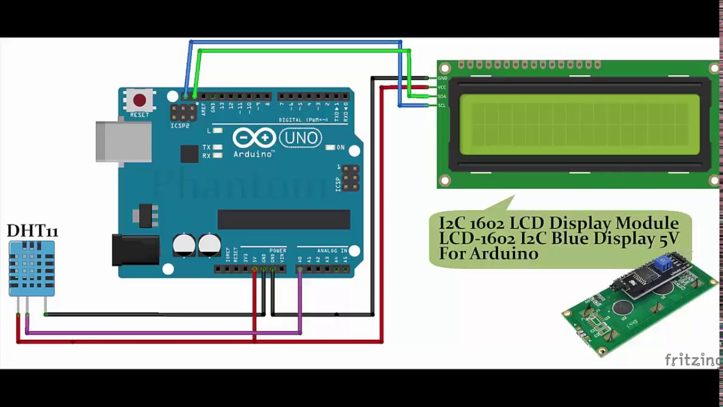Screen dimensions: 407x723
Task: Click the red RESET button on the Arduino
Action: click(140, 101)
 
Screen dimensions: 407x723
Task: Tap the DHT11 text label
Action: click(32, 231)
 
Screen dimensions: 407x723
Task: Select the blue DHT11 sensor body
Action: click(32, 268)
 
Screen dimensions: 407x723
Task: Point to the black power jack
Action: click(135, 250)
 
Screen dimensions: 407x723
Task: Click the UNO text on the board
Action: click(300, 138)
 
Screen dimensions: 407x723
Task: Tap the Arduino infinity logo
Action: click(254, 138)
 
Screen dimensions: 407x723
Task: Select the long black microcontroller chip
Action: click(284, 219)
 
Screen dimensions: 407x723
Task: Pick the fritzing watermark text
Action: click(692, 360)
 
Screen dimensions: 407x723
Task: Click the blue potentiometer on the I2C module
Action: click(663, 263)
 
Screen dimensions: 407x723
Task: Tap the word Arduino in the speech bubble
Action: click(489, 254)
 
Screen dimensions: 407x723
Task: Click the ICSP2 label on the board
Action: click(180, 125)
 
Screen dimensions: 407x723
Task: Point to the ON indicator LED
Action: click(330, 148)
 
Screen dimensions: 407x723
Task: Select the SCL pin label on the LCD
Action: click(442, 106)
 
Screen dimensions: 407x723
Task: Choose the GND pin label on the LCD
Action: click(442, 78)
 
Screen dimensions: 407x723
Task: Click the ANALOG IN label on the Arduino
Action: click(332, 250)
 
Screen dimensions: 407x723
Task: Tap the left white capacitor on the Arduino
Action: click(184, 245)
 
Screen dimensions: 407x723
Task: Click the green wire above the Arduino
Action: click(299, 51)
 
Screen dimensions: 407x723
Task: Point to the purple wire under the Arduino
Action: click(164, 332)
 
